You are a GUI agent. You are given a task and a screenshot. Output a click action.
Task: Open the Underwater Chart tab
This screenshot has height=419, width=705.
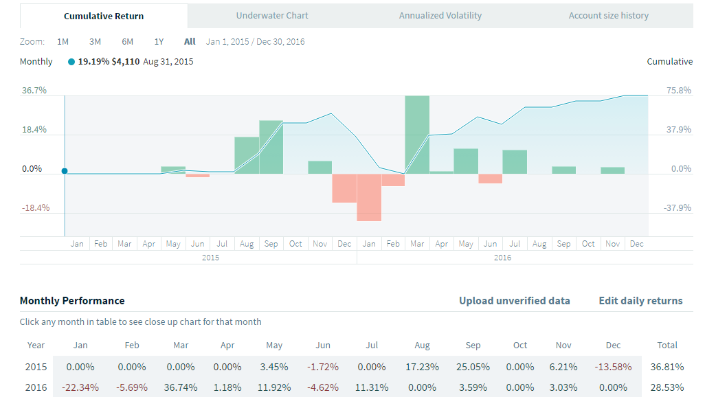[272, 16]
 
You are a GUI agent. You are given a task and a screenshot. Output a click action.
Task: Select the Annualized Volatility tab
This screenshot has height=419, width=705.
[440, 16]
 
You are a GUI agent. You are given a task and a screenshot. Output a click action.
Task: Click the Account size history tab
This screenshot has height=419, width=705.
[608, 16]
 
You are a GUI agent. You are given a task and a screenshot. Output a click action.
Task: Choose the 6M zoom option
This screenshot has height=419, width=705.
[127, 42]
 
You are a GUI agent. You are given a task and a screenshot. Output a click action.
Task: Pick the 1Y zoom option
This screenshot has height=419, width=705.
[159, 42]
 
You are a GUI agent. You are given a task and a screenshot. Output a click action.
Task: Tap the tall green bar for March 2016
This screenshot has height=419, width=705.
[417, 134]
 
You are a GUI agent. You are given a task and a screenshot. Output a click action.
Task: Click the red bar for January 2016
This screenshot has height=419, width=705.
[369, 197]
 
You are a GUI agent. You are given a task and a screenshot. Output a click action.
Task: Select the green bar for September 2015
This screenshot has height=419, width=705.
[271, 146]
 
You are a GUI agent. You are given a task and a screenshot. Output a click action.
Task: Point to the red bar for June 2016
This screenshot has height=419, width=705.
[490, 179]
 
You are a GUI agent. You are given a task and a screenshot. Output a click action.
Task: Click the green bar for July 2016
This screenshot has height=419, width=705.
[515, 161]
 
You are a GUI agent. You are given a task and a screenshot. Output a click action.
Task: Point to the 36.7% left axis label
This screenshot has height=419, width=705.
[34, 91]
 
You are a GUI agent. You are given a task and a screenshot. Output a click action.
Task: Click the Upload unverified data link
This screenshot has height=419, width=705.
[514, 301]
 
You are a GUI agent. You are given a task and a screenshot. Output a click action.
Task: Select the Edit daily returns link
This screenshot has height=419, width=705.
[640, 301]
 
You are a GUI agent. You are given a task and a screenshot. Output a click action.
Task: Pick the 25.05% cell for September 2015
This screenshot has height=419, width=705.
[473, 367]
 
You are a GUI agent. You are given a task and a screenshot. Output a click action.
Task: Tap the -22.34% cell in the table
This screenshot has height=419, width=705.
[80, 387]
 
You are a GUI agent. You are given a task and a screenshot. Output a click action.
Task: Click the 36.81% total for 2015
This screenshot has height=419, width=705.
[667, 367]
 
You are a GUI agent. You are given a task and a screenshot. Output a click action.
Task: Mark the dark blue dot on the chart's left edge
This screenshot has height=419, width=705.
[65, 171]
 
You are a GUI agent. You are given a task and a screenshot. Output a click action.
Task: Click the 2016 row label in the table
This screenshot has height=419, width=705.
[36, 387]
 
